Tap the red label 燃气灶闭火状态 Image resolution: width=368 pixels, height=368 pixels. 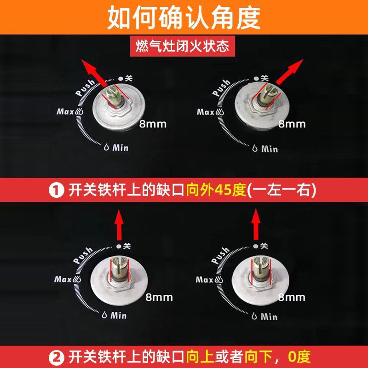click(182, 46)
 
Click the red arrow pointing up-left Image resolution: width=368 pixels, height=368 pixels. click(94, 73)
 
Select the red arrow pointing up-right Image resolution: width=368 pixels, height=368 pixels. click(290, 72)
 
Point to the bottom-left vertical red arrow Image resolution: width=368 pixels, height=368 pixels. click(119, 225)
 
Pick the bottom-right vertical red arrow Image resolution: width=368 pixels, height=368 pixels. click(256, 224)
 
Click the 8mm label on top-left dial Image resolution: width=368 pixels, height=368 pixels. click(153, 124)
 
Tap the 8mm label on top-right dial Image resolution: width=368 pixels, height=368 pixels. click(292, 124)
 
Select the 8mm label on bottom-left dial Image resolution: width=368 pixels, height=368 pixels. click(159, 297)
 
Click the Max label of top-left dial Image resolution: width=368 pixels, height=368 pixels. click(65, 111)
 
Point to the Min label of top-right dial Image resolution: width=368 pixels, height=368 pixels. click(270, 149)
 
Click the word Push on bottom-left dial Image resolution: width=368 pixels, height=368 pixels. click(83, 255)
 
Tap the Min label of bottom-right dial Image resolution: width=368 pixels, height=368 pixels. click(269, 316)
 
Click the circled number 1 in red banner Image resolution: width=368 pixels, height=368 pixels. click(56, 190)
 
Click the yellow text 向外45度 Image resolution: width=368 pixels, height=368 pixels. click(216, 190)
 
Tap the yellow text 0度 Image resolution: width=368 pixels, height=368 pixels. click(299, 357)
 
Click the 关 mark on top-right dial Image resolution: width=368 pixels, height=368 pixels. click(264, 78)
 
